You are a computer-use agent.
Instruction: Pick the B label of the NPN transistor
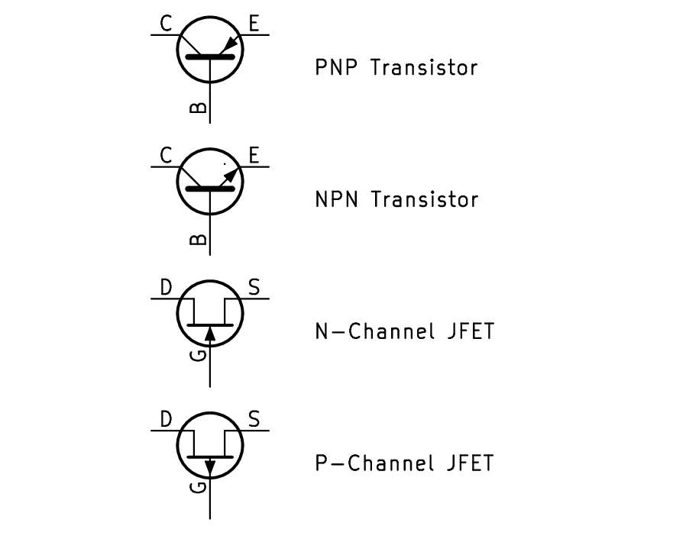pyautogui.click(x=197, y=240)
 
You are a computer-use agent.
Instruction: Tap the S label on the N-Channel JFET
pyautogui.click(x=254, y=288)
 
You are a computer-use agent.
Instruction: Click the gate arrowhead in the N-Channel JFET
pyautogui.click(x=210, y=334)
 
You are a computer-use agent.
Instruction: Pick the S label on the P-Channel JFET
pyautogui.click(x=254, y=420)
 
